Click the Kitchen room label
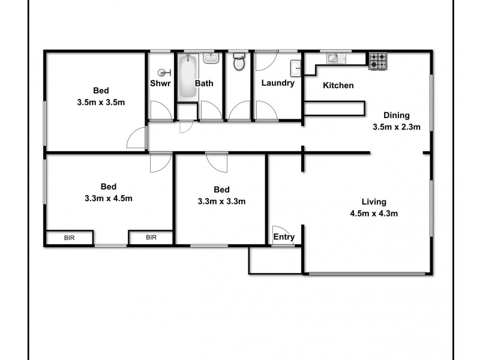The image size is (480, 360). pyautogui.click(x=338, y=85)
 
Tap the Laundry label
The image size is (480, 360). pyautogui.click(x=278, y=83)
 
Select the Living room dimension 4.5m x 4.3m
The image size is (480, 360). pyautogui.click(x=374, y=212)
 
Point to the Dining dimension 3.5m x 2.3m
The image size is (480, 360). pyautogui.click(x=396, y=126)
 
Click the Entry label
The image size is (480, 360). pyautogui.click(x=284, y=237)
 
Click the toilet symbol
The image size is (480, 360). pyautogui.click(x=239, y=62)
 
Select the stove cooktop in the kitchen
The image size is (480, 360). pyautogui.click(x=377, y=60)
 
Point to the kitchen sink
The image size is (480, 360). pyautogui.click(x=332, y=58)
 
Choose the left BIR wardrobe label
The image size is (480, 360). pyautogui.click(x=70, y=238)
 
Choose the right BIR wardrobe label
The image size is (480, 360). pyautogui.click(x=151, y=238)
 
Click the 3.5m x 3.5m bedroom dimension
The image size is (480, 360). pyautogui.click(x=101, y=101)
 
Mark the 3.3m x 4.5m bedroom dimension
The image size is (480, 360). pyautogui.click(x=108, y=197)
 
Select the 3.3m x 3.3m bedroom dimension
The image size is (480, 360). pyautogui.click(x=221, y=201)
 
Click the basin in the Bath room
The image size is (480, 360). pyautogui.click(x=210, y=58)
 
